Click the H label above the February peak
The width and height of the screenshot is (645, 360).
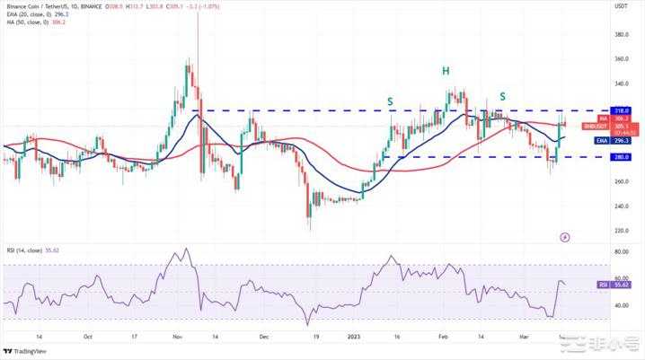point(444,71)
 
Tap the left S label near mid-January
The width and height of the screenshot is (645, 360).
point(390,101)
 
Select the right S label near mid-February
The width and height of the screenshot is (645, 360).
point(502,96)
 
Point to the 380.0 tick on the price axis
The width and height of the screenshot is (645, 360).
point(621,35)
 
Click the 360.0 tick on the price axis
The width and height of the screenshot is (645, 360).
point(621,59)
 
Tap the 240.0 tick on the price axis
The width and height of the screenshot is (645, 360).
point(621,206)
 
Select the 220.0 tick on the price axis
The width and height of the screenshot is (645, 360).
point(621,231)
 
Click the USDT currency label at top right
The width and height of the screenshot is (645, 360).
point(620,5)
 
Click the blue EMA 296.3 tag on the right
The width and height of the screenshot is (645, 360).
point(621,140)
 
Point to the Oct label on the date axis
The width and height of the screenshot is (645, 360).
point(87,337)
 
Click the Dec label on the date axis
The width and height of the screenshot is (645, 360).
point(263,337)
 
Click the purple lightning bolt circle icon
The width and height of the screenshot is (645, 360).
point(565,237)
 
